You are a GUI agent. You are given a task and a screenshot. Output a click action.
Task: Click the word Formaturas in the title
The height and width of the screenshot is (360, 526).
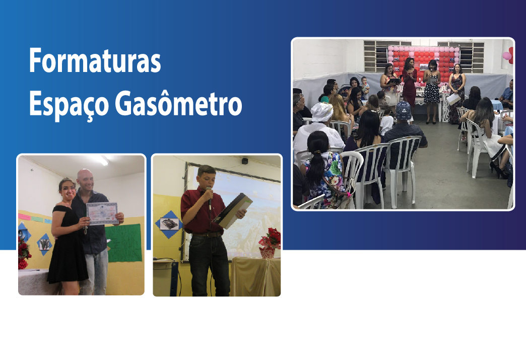[95, 60]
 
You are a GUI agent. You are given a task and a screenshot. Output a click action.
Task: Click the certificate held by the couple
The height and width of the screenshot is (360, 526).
[102, 213]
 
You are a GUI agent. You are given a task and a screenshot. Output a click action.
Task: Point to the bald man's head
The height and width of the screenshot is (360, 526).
[85, 180]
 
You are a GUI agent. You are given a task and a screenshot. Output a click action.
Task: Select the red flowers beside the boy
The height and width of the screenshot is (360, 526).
[270, 239]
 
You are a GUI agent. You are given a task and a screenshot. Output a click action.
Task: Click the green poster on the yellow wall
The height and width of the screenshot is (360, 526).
[123, 242]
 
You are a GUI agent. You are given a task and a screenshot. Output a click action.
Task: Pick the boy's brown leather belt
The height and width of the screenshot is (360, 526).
[206, 235]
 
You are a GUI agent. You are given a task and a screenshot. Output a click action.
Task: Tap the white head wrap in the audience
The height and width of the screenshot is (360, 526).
[322, 112]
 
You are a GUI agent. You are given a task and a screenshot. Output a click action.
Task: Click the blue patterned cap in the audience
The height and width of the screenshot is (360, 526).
[404, 110]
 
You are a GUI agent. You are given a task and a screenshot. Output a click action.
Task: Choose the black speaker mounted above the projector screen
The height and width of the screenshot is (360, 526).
[244, 161]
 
